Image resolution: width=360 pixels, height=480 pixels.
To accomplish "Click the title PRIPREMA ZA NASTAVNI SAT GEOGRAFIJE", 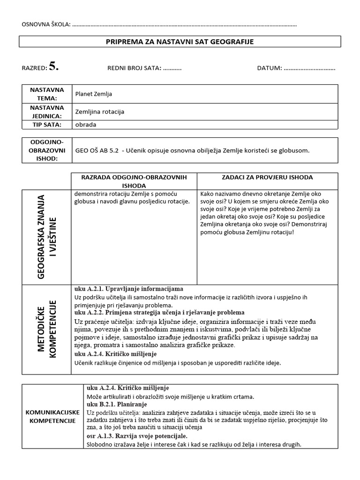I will pyautogui.click(x=180, y=42).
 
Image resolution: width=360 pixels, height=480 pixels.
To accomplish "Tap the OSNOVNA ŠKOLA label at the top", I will pyautogui.click(x=45, y=24).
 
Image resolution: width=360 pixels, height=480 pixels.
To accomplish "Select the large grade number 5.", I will pyautogui.click(x=54, y=67).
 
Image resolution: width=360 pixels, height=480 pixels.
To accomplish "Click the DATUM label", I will pyautogui.click(x=269, y=68).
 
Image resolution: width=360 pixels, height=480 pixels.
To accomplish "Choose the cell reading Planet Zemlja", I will pyautogui.click(x=94, y=94).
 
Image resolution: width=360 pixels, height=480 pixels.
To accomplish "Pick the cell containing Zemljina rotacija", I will pyautogui.click(x=100, y=112).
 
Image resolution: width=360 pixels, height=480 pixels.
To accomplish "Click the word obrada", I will pyautogui.click(x=85, y=125).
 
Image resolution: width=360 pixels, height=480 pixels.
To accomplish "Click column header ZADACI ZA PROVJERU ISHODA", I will pyautogui.click(x=267, y=177).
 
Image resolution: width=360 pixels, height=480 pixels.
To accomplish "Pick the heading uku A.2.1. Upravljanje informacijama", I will pyautogui.click(x=128, y=289).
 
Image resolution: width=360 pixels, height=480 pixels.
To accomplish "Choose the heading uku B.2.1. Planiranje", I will pyautogui.click(x=117, y=404).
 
